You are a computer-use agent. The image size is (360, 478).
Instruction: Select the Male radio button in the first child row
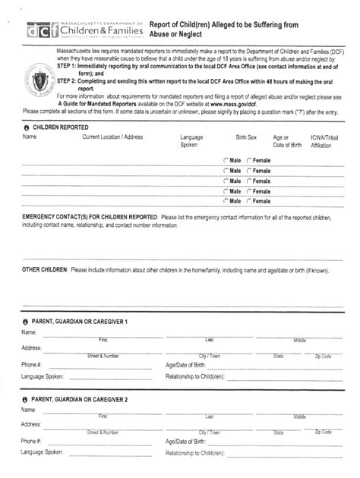[226, 160]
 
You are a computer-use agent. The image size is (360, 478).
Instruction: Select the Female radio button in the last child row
[248, 201]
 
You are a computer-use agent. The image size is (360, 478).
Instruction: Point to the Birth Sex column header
[246, 137]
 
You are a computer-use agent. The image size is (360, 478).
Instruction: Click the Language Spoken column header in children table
[191, 140]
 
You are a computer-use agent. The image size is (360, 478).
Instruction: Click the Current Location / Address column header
[112, 137]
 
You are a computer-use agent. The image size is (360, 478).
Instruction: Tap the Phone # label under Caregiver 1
[31, 364]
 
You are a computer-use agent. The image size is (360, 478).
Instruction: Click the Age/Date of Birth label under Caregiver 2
[185, 441]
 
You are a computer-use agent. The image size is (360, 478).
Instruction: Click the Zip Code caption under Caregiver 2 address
[323, 432]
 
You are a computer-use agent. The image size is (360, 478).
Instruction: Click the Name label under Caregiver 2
[29, 410]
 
